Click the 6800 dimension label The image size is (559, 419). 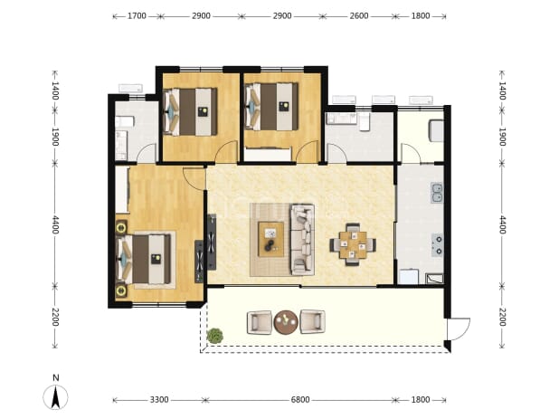(x=300, y=400)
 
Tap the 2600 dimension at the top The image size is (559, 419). (x=359, y=16)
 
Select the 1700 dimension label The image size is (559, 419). (x=137, y=16)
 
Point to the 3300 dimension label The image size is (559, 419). (x=159, y=400)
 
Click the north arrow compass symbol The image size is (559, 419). (x=55, y=397)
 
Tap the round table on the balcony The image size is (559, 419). (x=286, y=322)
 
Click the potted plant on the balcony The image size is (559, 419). (x=215, y=336)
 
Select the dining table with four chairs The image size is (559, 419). (x=353, y=244)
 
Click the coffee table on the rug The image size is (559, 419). (x=271, y=239)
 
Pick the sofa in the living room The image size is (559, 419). (x=303, y=239)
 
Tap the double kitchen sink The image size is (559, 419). (x=437, y=193)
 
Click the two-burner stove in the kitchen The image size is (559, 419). (x=437, y=245)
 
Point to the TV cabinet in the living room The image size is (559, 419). (x=212, y=242)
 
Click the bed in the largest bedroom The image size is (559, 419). (x=145, y=259)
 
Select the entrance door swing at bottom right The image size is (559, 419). (x=459, y=329)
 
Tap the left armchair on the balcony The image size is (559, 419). (x=260, y=323)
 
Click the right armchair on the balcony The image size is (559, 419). (x=313, y=322)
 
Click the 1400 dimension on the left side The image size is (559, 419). (x=55, y=90)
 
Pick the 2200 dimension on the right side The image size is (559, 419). (x=502, y=317)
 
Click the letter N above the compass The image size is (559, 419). (x=55, y=377)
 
